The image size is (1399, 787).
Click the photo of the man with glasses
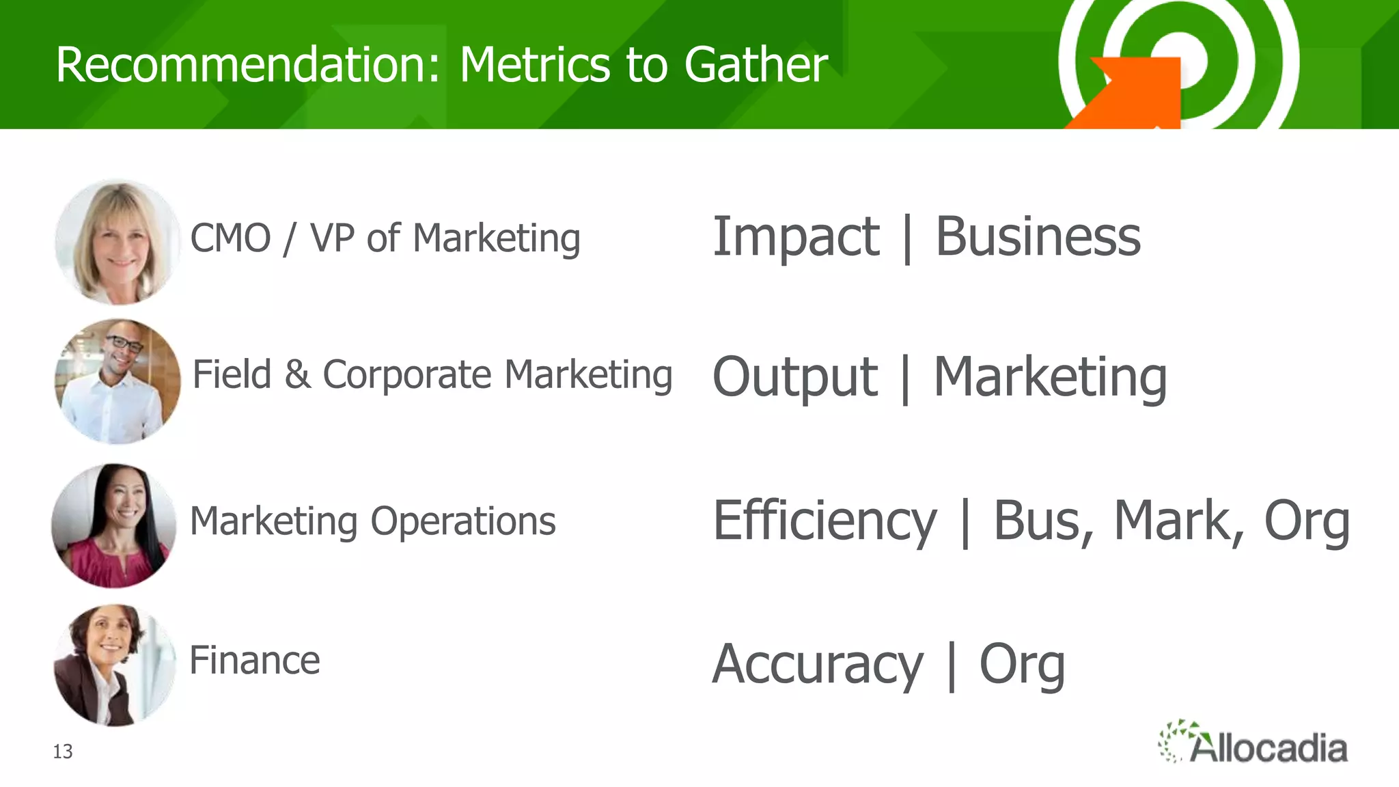coord(117,382)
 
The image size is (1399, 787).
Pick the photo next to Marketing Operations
coord(114,526)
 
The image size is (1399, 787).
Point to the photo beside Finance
coord(114,665)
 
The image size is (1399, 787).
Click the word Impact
coord(796,238)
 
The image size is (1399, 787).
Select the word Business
coord(1038,237)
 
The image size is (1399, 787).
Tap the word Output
coord(794,377)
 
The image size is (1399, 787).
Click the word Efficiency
coord(825,522)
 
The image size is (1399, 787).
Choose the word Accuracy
coord(817,665)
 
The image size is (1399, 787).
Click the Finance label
coord(254,661)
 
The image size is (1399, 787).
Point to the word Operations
coord(463,522)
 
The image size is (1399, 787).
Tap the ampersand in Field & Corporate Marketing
coord(297,375)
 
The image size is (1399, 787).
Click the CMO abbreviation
coord(230,238)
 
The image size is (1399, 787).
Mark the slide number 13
coord(63,751)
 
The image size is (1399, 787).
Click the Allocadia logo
coord(1253,743)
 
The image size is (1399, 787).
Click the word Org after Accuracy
coord(1022,665)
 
